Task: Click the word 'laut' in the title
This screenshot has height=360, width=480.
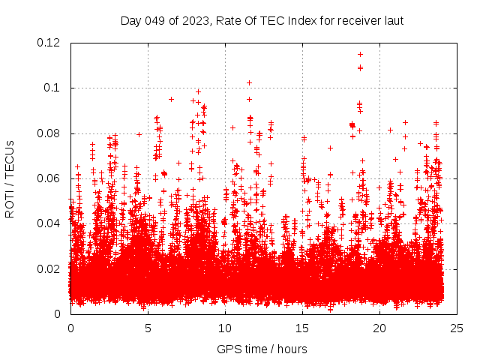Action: pyautogui.click(x=393, y=21)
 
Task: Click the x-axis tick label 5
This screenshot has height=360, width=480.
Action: pyautogui.click(x=148, y=328)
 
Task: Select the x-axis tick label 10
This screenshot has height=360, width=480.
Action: pyautogui.click(x=225, y=328)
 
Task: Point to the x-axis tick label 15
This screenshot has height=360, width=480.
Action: pyautogui.click(x=302, y=328)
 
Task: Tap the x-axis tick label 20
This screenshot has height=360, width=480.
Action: pyautogui.click(x=379, y=328)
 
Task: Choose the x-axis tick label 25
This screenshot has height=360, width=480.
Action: pyautogui.click(x=457, y=328)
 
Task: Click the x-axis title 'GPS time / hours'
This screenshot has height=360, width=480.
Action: pyautogui.click(x=262, y=349)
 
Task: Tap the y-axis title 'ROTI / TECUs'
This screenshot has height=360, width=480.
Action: pyautogui.click(x=10, y=178)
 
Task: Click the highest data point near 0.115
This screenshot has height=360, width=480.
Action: pyautogui.click(x=360, y=54)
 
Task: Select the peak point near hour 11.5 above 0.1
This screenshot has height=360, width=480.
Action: pyautogui.click(x=249, y=82)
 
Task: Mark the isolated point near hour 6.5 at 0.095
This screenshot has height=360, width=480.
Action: pyautogui.click(x=171, y=99)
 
